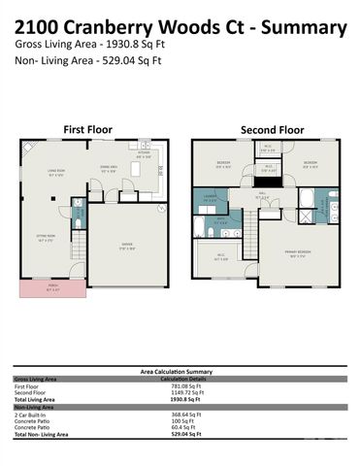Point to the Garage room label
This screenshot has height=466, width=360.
coord(127,245)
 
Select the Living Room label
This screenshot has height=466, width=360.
coord(55,174)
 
